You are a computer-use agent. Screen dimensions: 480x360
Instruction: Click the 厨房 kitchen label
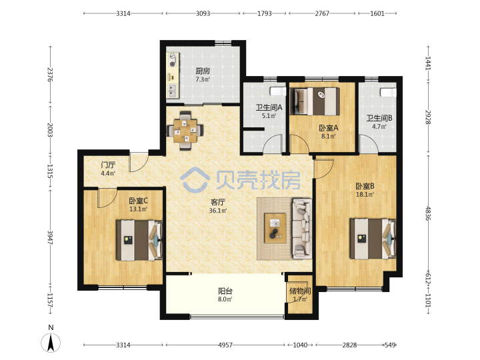[203, 71]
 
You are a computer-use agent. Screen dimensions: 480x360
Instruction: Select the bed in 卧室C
[139, 240]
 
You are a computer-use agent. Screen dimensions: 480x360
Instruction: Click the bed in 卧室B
[373, 239]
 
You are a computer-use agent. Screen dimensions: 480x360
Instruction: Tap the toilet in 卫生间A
[278, 91]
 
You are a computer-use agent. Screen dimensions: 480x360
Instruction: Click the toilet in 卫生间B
[388, 92]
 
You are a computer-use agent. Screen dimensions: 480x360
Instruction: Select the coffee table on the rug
[275, 229]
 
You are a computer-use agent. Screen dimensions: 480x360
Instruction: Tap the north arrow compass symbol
[51, 342]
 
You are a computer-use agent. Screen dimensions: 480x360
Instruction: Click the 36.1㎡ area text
[217, 211]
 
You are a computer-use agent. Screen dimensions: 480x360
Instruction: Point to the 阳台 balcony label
[225, 291]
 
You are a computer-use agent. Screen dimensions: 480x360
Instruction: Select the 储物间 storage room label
[300, 291]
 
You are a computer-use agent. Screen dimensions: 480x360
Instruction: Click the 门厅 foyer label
[108, 165]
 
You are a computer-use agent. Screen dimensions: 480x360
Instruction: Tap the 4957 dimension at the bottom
[225, 345]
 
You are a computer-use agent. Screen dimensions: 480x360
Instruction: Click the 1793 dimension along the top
[264, 13]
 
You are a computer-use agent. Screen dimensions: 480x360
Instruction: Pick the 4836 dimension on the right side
[428, 214]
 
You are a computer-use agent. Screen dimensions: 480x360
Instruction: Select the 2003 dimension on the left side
[50, 130]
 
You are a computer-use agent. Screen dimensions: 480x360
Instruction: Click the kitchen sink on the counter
[173, 91]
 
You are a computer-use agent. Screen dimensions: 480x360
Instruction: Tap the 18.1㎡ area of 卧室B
[365, 195]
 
